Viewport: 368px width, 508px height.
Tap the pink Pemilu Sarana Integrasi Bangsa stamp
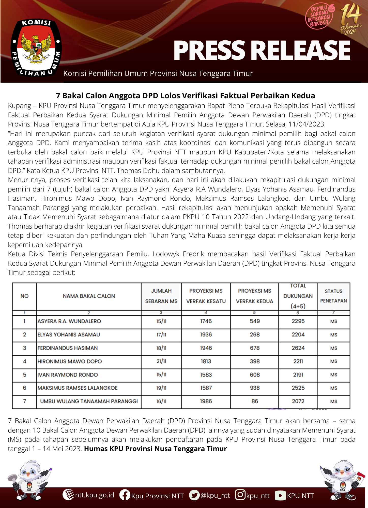coord(320,17)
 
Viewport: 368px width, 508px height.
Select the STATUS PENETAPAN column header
coord(333,296)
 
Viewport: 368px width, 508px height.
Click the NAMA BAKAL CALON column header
coord(89,296)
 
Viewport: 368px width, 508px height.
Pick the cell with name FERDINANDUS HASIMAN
coord(68,348)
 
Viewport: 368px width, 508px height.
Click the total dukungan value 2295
coord(298,321)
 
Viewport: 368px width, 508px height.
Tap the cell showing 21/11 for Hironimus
coord(161,361)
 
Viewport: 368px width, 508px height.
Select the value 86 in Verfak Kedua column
coord(255,401)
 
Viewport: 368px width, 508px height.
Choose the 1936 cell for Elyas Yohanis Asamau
coord(206,335)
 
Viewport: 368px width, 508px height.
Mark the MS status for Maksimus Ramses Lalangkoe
coord(334,388)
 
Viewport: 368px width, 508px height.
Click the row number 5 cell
coord(24,375)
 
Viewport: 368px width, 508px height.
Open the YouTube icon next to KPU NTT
coord(280,495)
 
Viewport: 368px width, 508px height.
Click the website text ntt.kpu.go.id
coord(95,495)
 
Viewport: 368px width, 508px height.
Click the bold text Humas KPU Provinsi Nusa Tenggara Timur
coord(155,449)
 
